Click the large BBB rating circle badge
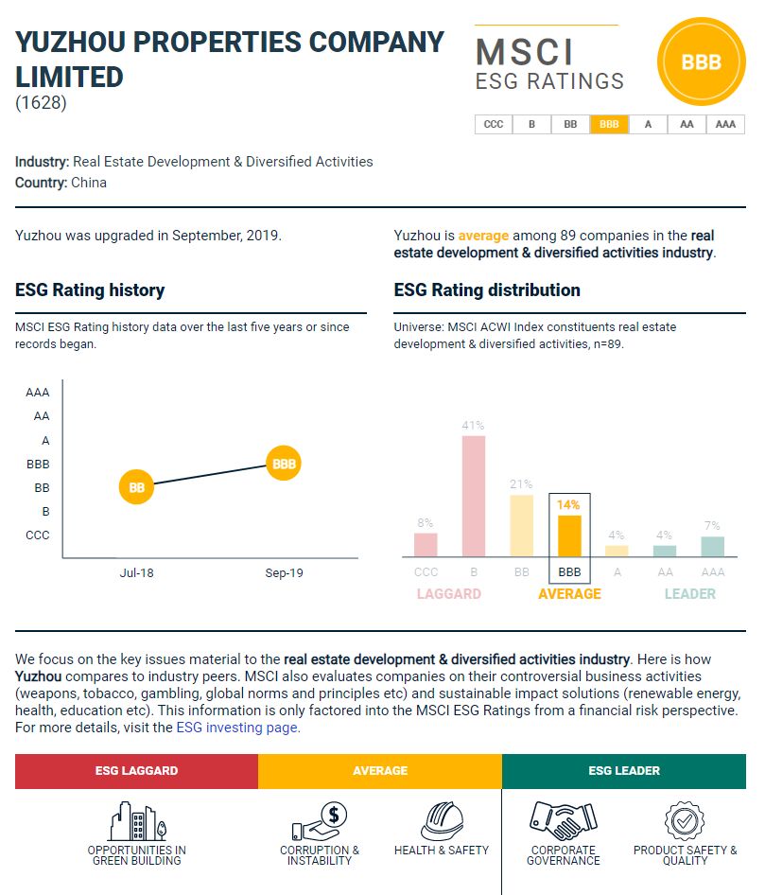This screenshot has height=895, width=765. pos(701,63)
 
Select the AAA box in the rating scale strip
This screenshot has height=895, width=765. pos(725,124)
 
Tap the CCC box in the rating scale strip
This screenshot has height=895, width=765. pos(494,124)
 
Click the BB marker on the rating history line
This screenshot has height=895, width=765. pos(136,488)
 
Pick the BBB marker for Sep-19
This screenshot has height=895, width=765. pos(284,464)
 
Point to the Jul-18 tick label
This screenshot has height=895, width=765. pos(136,573)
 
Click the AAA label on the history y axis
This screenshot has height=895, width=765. pos(38,392)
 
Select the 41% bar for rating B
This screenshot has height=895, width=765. pos(474,496)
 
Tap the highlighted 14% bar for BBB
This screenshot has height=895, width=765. pos(569,535)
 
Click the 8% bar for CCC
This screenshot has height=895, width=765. pos(426,545)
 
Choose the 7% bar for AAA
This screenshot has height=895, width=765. pos(713,547)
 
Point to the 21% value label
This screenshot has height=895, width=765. pos(522,484)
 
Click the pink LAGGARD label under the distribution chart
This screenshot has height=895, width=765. pos(449,594)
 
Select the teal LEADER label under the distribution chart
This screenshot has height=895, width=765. pos(689,594)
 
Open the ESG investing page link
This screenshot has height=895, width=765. pos(237,728)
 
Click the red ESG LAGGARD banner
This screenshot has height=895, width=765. pos(136,771)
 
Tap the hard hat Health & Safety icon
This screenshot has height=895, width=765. pos(442,820)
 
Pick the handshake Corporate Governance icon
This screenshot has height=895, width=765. pos(563,820)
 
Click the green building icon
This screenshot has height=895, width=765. pos(136,820)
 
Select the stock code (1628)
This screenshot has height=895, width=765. pos(41,103)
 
